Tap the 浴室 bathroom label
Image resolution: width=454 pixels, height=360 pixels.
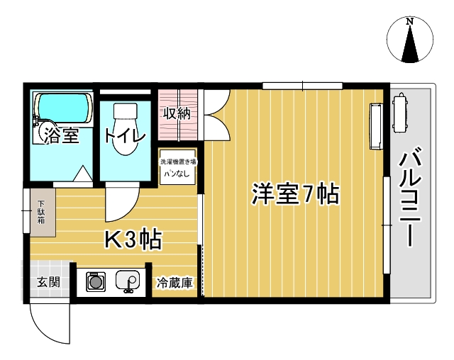coord(61,135)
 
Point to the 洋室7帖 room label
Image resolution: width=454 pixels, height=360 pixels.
coord(294,193)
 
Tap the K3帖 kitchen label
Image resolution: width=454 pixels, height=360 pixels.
coord(133,240)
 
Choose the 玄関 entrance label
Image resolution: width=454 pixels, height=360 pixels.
coord(48,281)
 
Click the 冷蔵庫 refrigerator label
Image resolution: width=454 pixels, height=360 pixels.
coord(175,283)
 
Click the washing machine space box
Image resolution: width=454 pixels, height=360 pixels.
coord(177,167)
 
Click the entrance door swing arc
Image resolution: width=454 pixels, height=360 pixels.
coord(50,322)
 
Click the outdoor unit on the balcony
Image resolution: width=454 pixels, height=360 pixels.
coord(400,113)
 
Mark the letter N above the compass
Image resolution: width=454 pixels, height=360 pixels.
coord(410,22)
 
